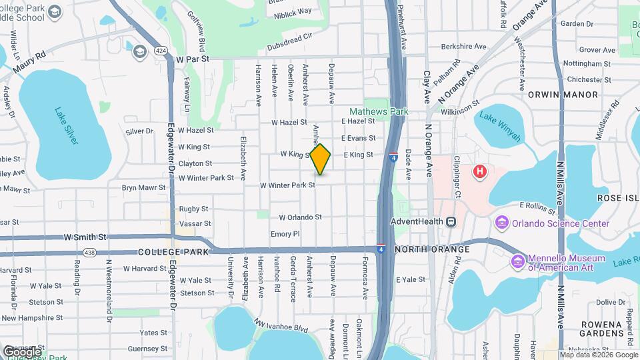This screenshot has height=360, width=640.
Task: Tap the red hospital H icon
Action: pos(479,173)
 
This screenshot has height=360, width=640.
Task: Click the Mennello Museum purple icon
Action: pos(517,260)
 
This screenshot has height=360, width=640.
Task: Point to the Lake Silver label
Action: pos(67,126)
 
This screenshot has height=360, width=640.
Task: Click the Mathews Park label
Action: pos(379,112)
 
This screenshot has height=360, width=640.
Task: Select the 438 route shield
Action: pos(89,251)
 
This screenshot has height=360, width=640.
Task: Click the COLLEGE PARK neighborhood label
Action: pos(173,252)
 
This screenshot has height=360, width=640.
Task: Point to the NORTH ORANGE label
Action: pos(432,249)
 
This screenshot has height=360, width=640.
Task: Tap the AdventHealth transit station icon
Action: pos(451,221)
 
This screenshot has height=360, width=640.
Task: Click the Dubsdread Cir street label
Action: pos(289,47)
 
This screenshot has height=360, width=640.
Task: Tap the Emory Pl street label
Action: pos(285,234)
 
